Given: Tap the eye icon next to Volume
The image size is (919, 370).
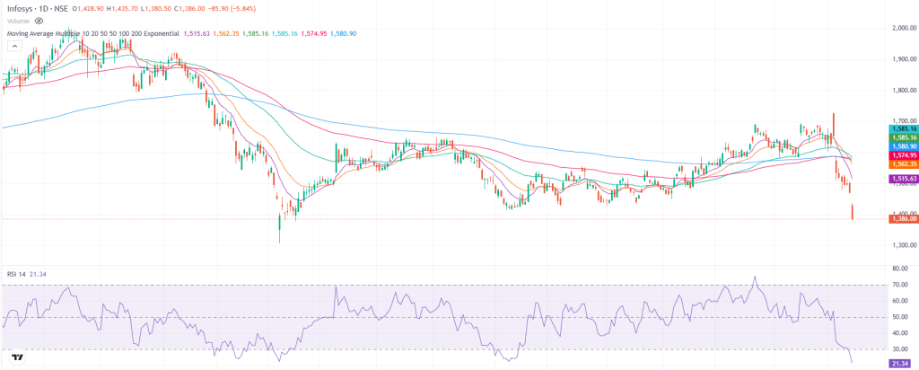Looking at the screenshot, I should pyautogui.click(x=38, y=20).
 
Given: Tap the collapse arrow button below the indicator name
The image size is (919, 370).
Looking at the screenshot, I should pyautogui.click(x=13, y=47).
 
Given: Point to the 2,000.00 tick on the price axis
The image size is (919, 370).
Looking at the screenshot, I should pyautogui.click(x=900, y=28).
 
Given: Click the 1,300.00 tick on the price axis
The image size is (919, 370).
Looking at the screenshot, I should pyautogui.click(x=900, y=244).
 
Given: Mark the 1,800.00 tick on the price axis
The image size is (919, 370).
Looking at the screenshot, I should pyautogui.click(x=900, y=90).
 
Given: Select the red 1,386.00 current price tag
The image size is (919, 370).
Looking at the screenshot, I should pyautogui.click(x=901, y=218).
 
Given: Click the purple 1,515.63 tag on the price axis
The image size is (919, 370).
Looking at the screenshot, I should pyautogui.click(x=901, y=180).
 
